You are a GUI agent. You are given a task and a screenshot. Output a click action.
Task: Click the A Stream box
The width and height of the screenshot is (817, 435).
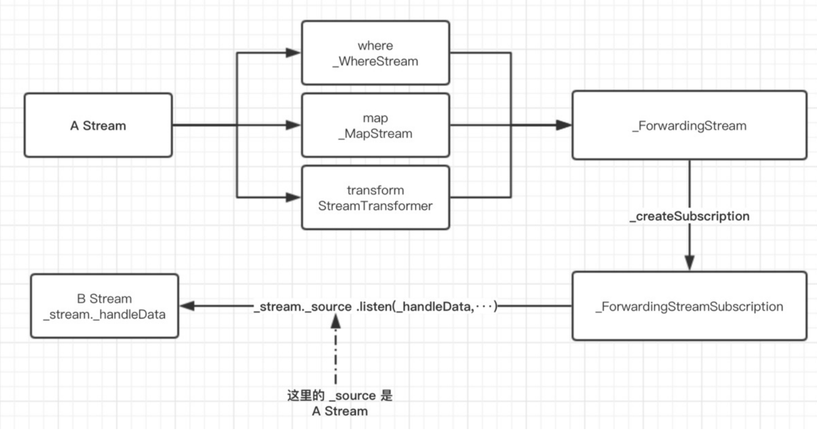(98, 125)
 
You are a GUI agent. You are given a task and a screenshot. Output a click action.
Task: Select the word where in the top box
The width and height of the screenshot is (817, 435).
(375, 46)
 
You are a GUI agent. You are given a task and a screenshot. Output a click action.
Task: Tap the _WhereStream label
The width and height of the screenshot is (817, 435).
(375, 61)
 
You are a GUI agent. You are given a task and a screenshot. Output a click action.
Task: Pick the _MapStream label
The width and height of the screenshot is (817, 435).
(375, 134)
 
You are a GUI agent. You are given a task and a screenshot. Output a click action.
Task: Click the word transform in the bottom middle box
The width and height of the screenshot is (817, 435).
(375, 190)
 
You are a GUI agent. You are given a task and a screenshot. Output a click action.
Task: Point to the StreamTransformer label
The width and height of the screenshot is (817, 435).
(375, 206)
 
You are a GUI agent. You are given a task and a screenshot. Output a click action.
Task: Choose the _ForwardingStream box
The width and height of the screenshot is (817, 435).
(689, 125)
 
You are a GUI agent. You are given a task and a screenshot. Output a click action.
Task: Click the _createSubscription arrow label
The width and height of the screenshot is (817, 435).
(689, 216)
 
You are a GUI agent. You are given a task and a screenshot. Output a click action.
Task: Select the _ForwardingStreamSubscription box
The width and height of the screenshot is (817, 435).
(689, 306)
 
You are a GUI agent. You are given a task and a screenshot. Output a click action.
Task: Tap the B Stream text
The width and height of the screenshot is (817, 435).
(104, 299)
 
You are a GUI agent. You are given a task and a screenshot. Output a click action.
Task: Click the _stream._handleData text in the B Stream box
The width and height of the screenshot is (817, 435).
(104, 314)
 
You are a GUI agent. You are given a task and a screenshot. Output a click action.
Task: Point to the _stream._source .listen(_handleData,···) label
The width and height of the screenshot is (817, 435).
(375, 306)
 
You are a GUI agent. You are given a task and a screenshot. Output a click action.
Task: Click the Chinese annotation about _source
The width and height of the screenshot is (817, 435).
(340, 403)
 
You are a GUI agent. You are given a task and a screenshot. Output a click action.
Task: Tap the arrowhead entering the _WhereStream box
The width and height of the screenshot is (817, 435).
(293, 53)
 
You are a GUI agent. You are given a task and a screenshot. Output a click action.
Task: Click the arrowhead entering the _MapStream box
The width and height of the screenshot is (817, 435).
(293, 125)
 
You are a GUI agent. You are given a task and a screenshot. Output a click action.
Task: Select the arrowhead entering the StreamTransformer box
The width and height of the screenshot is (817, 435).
(293, 198)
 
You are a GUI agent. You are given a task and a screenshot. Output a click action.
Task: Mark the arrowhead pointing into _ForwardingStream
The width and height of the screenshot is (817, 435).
(564, 125)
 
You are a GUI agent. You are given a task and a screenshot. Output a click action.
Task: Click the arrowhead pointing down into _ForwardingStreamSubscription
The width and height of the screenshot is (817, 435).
(689, 263)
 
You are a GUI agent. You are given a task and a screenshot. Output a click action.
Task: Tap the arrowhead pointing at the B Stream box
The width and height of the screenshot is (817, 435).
(187, 306)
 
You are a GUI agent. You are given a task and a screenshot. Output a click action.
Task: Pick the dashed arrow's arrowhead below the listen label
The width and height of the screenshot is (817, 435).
(335, 321)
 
